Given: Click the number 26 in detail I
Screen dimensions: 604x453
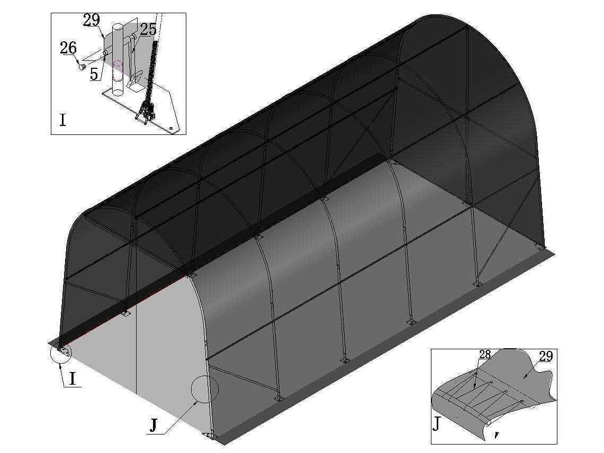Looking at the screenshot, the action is coord(68,48).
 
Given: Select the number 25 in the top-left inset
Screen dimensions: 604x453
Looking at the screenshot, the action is coord(148,29).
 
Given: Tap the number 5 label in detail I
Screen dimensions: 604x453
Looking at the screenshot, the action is coord(94,74).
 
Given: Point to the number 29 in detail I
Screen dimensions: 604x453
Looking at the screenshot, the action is coord(91,20).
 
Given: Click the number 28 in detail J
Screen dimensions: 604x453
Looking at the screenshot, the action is coord(484,355).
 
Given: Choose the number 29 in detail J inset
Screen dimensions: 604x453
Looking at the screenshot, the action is coord(546,356).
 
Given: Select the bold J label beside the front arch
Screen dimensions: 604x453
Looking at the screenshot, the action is coord(154,426).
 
